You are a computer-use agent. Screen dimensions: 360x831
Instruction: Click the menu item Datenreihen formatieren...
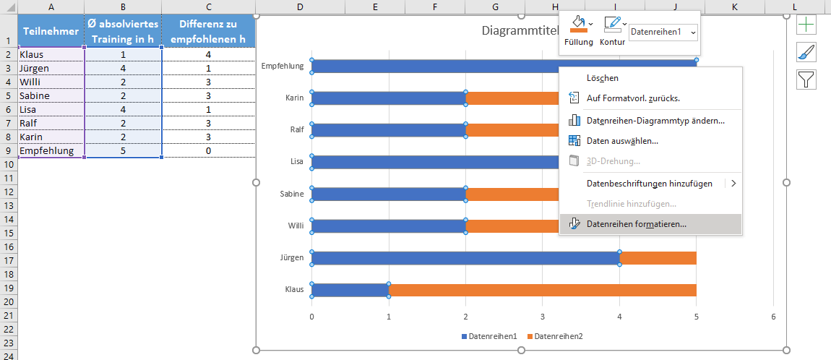pos(636,224)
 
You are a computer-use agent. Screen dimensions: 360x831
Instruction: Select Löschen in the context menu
pos(602,78)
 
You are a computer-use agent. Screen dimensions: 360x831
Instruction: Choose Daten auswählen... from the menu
pos(621,141)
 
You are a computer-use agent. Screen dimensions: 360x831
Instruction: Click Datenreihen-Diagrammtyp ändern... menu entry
pos(655,121)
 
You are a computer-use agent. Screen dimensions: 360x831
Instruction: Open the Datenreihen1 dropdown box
pos(663,32)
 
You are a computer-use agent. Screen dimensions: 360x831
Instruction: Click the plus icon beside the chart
pos(806,25)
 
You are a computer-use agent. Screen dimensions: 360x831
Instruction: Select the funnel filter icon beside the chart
pos(806,79)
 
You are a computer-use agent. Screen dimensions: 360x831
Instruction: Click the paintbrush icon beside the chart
pos(806,52)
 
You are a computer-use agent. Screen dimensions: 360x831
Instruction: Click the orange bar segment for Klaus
pos(542,290)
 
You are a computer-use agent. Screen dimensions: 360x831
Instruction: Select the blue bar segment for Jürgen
pos(465,258)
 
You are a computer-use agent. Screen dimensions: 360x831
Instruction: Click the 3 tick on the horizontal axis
pos(543,317)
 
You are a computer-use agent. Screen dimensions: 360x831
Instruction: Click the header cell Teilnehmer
pos(51,30)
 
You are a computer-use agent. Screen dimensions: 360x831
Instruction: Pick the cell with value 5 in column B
pos(123,151)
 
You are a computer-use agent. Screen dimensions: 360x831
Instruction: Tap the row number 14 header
pos(9,220)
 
